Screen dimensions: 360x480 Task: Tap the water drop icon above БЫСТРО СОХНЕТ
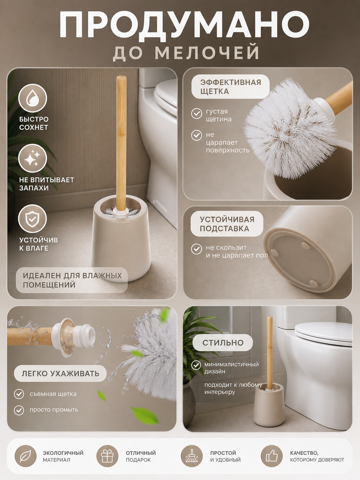coord(32,98)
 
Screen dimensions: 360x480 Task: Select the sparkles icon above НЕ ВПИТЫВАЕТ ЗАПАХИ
coord(32,158)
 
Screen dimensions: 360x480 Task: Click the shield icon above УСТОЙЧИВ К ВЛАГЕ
coord(32,219)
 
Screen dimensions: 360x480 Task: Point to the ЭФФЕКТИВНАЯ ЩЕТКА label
coord(231,86)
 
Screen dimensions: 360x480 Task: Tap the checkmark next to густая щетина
coord(197,113)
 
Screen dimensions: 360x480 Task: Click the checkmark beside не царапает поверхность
coord(197,135)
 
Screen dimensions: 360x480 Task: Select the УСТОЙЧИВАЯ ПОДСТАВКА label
coord(227,224)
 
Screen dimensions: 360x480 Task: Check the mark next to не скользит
coord(197,249)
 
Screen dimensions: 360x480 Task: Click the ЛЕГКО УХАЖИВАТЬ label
coord(60,373)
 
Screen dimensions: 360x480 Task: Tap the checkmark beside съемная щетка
coord(19,394)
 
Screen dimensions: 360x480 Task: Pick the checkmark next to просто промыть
coord(19,410)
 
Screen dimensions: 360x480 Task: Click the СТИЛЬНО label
coord(223,343)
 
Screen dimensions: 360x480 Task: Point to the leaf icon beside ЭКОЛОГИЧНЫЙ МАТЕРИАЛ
coord(26,456)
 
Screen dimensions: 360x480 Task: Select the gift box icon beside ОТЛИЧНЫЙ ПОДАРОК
coord(107,456)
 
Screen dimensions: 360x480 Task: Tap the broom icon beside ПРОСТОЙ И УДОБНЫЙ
coord(192,456)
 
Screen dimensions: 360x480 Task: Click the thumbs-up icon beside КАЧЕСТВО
coord(272,456)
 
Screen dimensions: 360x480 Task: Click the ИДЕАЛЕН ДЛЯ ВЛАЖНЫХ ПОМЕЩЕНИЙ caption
coord(72,280)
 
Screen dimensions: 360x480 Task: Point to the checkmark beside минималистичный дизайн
coord(196,365)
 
